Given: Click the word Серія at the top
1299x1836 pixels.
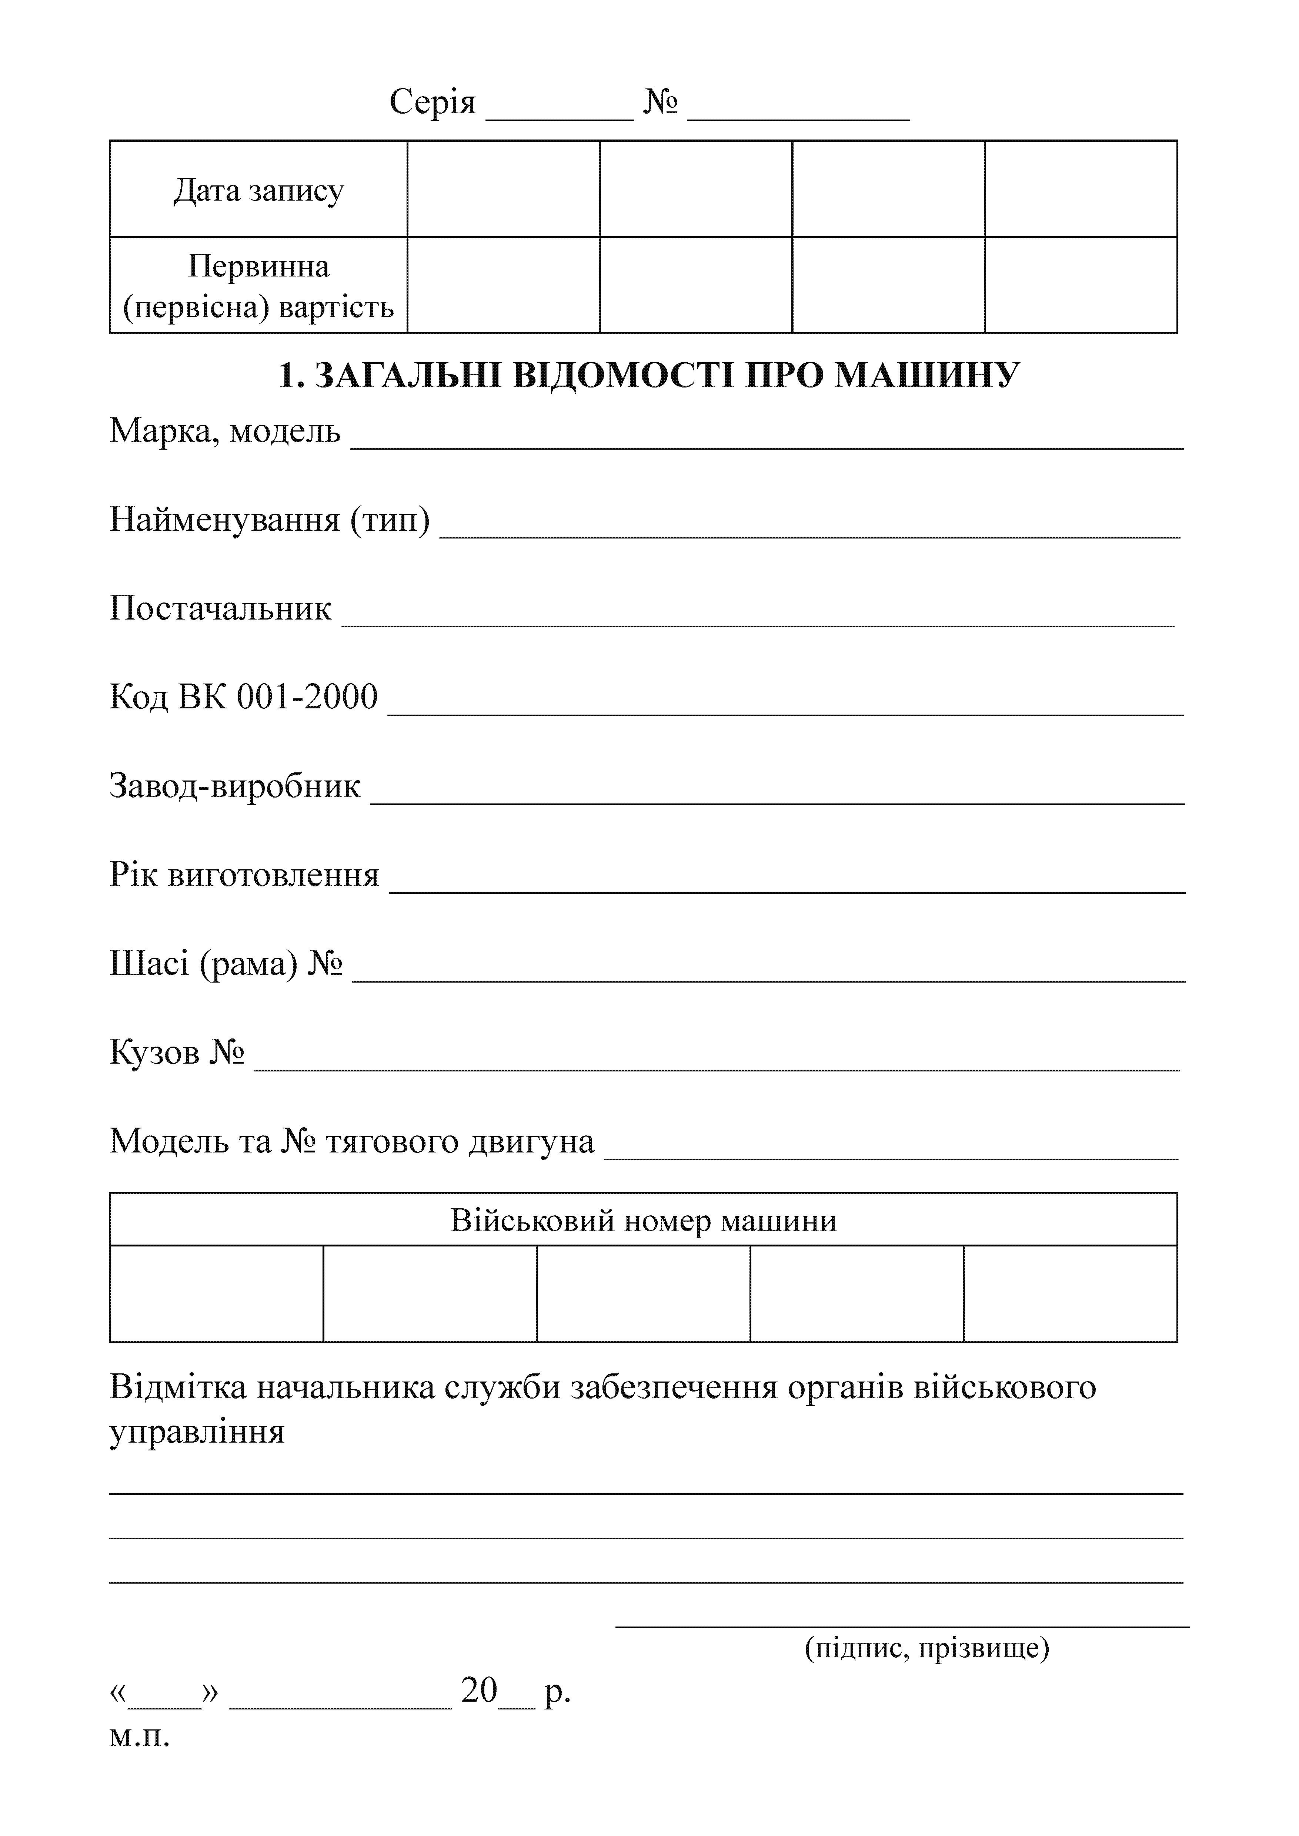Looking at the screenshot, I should (x=432, y=103).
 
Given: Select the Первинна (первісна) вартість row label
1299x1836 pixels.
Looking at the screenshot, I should (x=258, y=286).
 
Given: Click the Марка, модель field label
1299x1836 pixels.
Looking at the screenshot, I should (x=225, y=432).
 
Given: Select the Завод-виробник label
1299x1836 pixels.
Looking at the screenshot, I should (x=234, y=786).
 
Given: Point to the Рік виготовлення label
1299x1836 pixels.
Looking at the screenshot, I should (x=244, y=875).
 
